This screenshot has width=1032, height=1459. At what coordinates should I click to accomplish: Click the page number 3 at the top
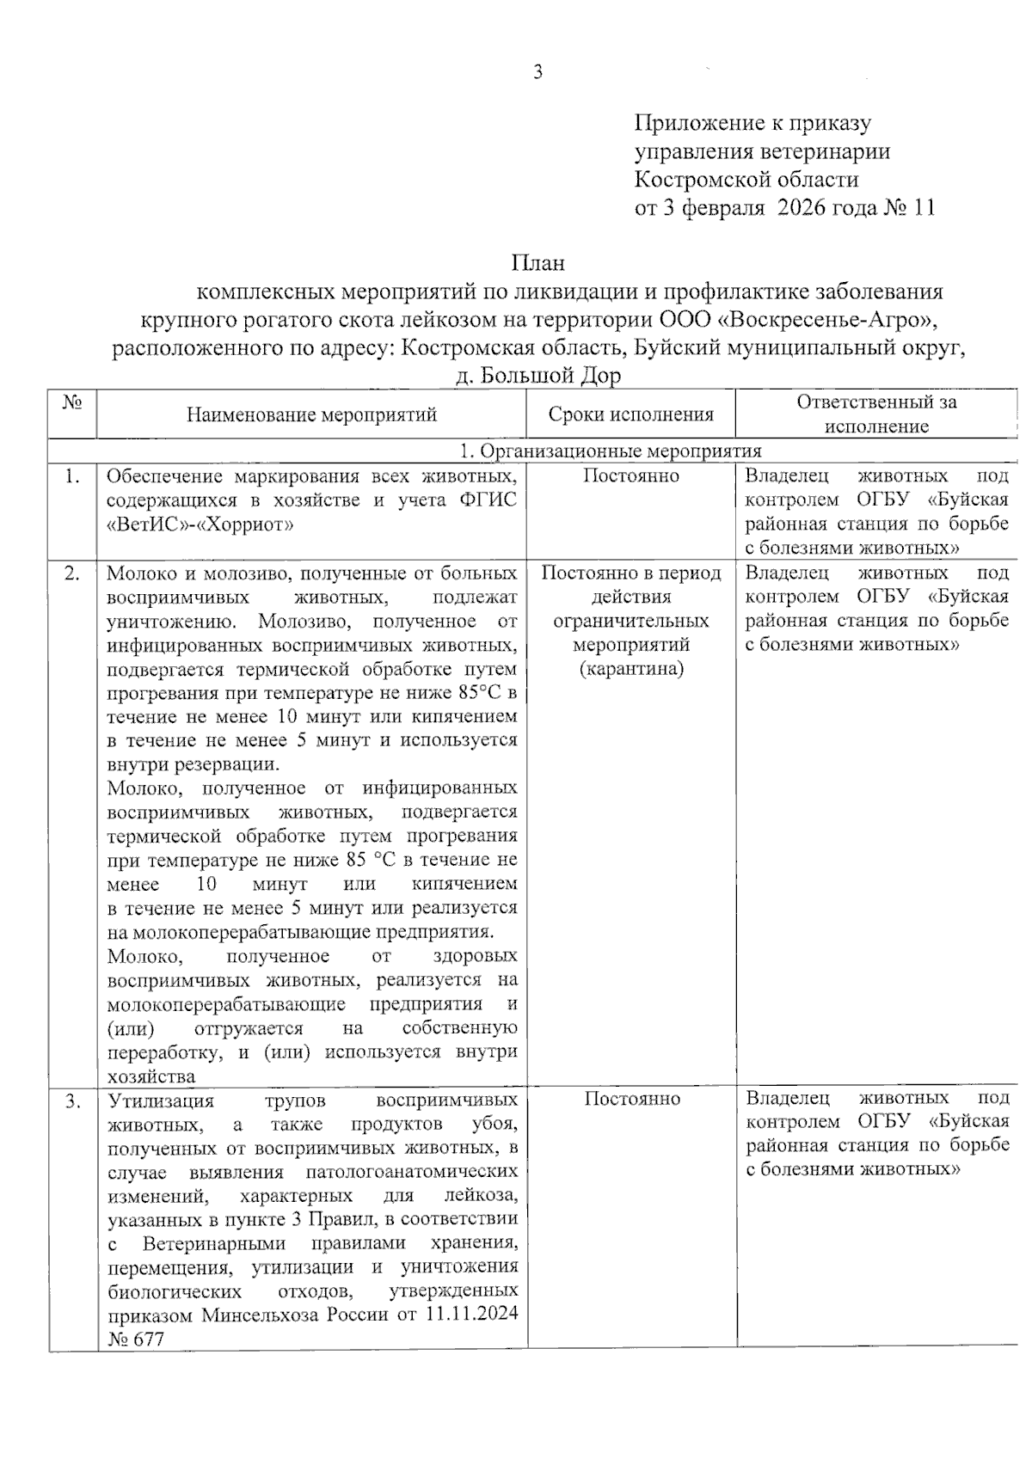[538, 73]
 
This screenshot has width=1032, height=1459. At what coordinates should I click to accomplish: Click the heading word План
[538, 262]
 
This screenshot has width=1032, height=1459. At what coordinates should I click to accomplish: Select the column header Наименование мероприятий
[312, 415]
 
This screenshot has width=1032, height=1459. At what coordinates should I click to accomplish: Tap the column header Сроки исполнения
[631, 415]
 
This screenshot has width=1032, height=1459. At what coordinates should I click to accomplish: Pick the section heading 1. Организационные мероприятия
[611, 451]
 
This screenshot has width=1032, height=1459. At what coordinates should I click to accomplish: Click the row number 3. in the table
[73, 1100]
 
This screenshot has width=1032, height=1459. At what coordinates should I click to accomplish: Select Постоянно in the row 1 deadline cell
[631, 476]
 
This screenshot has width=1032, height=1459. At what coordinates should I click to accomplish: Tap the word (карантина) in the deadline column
[631, 669]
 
